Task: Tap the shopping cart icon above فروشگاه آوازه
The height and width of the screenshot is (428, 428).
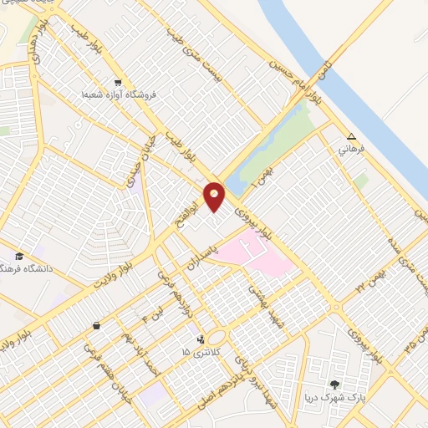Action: (118, 83)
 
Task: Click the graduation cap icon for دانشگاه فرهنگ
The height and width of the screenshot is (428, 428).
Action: (18, 255)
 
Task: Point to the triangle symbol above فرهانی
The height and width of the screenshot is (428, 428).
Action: (351, 137)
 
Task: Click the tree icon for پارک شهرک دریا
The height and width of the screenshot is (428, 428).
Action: (335, 384)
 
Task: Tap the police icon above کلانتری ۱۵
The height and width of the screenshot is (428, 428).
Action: (201, 339)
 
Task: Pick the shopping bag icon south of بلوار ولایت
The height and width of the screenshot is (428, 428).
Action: (98, 325)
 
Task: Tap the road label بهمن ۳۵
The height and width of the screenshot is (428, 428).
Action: (411, 343)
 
